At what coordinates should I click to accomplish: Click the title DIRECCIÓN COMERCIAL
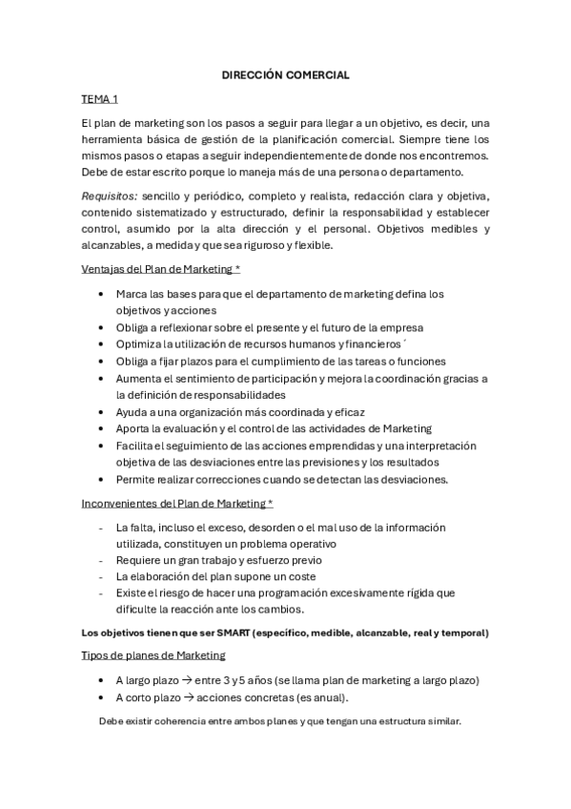click(285, 73)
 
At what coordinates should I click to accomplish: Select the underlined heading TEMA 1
click(100, 99)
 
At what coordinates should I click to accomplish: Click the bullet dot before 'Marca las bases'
click(102, 295)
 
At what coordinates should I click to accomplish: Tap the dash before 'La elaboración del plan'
click(101, 576)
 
